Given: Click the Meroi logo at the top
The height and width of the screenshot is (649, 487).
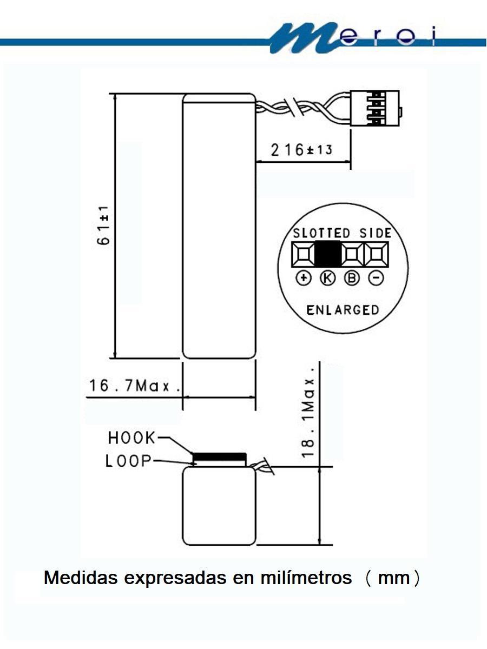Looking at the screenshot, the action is (x=353, y=38).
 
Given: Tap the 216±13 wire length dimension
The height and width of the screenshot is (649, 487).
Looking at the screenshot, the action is (x=301, y=150).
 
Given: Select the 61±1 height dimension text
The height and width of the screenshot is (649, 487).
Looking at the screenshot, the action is (x=103, y=226).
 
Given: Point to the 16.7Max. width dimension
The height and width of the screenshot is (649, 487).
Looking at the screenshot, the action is (x=135, y=386).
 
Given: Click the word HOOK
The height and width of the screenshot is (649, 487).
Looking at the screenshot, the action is (x=131, y=438).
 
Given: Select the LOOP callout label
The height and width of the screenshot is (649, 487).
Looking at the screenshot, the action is (x=129, y=461).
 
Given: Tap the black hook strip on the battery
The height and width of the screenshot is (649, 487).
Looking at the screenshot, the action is (x=219, y=457).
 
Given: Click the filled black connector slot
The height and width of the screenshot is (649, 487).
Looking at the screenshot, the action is (x=327, y=254).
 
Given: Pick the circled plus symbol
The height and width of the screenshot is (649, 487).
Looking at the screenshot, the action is (x=304, y=278).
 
